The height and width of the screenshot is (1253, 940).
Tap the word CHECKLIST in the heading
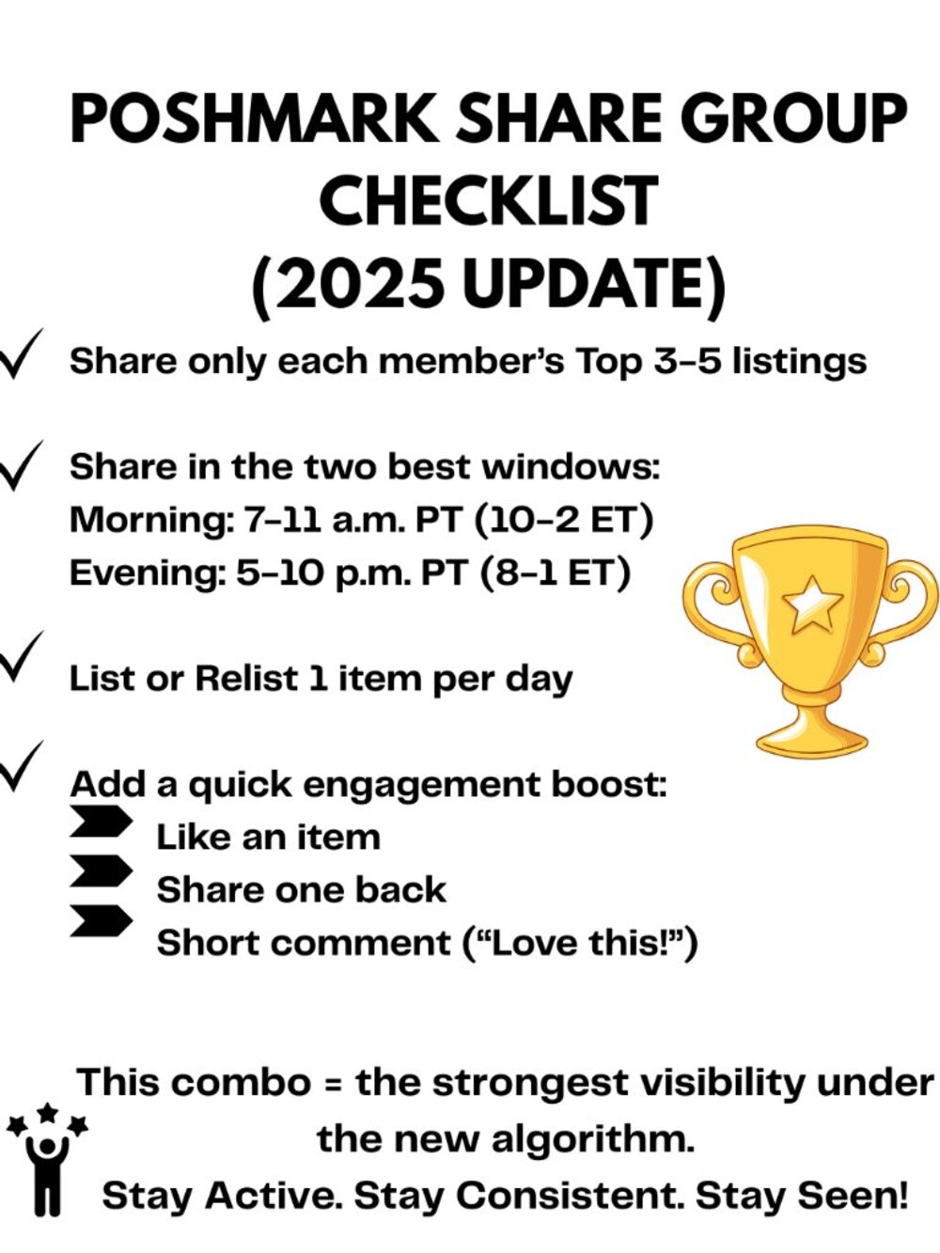click(x=489, y=201)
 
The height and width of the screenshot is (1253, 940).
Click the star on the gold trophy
click(x=811, y=605)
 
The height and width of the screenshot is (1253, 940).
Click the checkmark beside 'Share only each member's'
click(x=21, y=353)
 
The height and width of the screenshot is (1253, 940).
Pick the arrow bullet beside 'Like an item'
click(x=101, y=822)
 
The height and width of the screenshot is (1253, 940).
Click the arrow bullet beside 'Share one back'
click(x=101, y=871)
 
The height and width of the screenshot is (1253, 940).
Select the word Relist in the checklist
click(x=246, y=679)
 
